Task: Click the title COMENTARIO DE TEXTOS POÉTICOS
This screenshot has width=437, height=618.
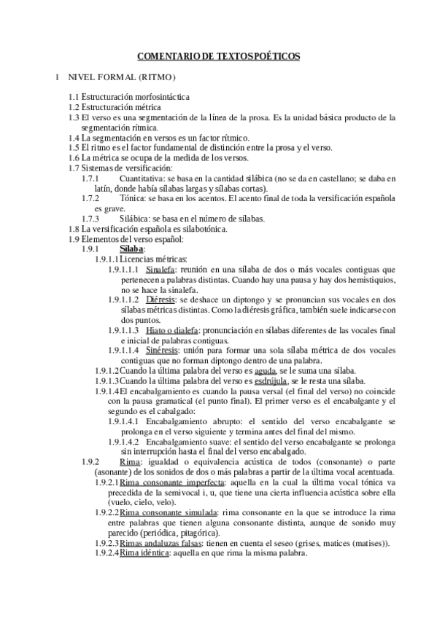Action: [218, 55]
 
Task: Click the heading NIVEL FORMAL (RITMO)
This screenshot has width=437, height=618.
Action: [121, 77]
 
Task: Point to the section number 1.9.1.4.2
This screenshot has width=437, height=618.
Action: [125, 441]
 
